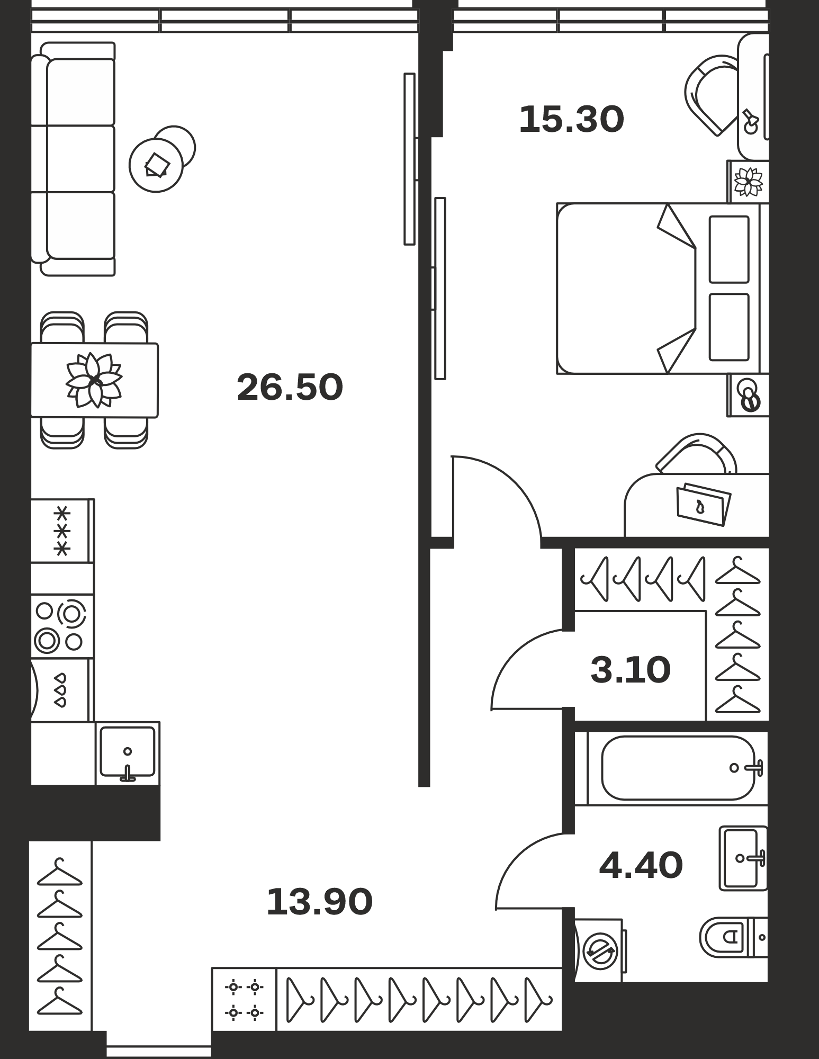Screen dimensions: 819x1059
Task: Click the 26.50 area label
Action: tap(290, 387)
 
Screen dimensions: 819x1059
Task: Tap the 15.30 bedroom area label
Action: tap(572, 119)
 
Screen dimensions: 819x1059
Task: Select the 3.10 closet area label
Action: tap(631, 669)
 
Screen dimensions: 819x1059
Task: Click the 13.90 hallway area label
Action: tap(320, 902)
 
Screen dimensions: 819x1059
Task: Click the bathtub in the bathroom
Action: tap(678, 768)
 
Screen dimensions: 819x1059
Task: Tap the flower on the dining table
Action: tap(94, 380)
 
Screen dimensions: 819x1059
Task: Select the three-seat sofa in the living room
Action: tap(73, 159)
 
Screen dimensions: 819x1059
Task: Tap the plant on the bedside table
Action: tap(749, 181)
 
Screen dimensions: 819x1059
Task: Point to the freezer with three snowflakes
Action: tap(62, 531)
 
